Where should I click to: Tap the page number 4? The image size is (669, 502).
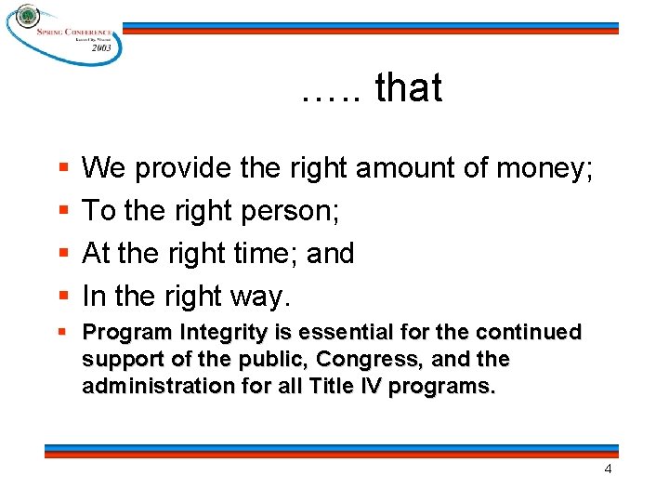pos(608,469)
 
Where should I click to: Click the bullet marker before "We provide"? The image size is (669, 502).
pos(62,169)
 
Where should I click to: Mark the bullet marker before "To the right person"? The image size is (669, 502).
pos(62,212)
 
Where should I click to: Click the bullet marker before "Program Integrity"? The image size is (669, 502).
pos(61,332)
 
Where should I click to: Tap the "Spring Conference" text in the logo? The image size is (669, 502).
pos(74,31)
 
